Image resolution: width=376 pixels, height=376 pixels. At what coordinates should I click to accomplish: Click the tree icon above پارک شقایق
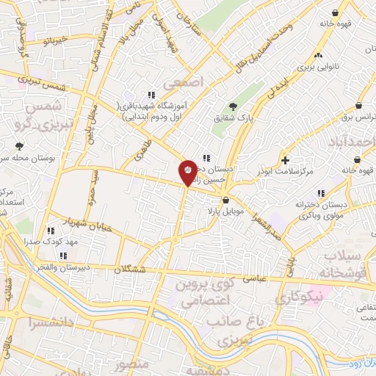[x=234, y=106]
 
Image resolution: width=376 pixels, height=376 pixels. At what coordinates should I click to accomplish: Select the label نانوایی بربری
[x=317, y=65]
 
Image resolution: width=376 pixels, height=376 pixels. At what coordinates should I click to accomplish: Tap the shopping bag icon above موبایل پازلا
[x=225, y=199]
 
